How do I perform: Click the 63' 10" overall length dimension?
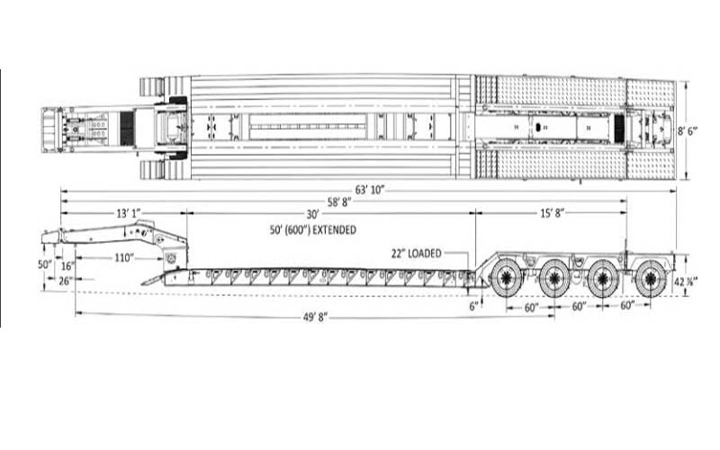[x=370, y=190]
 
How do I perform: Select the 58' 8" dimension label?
[x=339, y=202]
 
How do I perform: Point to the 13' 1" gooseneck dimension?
[x=128, y=213]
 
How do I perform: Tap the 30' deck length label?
[x=312, y=214]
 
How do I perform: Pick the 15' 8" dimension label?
[x=552, y=213]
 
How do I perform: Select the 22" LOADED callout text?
[x=417, y=253]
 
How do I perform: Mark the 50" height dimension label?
[x=45, y=265]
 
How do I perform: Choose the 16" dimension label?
[x=67, y=265]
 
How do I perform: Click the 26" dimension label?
[x=66, y=280]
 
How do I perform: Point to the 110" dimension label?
[x=123, y=257]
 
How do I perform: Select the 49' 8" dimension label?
[x=315, y=318]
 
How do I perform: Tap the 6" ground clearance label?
[x=473, y=306]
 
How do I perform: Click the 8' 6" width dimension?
[x=688, y=130]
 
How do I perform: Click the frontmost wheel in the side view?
[x=507, y=278]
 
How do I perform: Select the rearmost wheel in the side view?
[x=651, y=278]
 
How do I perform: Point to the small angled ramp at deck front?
[x=152, y=279]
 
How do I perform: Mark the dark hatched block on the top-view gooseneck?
[x=127, y=127]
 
